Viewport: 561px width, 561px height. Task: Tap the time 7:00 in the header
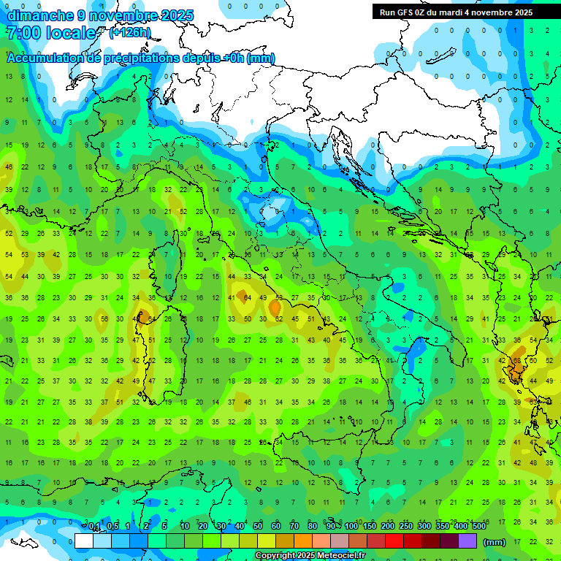click(22, 33)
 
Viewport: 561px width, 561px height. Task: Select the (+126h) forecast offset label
click(130, 32)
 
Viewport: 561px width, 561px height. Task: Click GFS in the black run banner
click(406, 12)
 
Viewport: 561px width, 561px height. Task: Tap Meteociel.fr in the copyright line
click(340, 556)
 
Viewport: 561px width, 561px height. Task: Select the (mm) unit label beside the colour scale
click(495, 542)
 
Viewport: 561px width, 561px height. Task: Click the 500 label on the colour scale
click(479, 527)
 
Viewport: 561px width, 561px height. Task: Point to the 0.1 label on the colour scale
click(94, 527)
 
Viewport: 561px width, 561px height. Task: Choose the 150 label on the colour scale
click(370, 527)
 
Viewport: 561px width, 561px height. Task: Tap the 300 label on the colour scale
click(424, 527)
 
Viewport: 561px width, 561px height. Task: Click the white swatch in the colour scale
click(84, 541)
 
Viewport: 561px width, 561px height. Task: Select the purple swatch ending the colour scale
click(467, 541)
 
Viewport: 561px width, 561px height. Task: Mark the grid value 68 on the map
click(516, 361)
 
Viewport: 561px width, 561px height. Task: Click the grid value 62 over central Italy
click(279, 319)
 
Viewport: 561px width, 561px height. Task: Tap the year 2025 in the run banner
click(523, 12)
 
